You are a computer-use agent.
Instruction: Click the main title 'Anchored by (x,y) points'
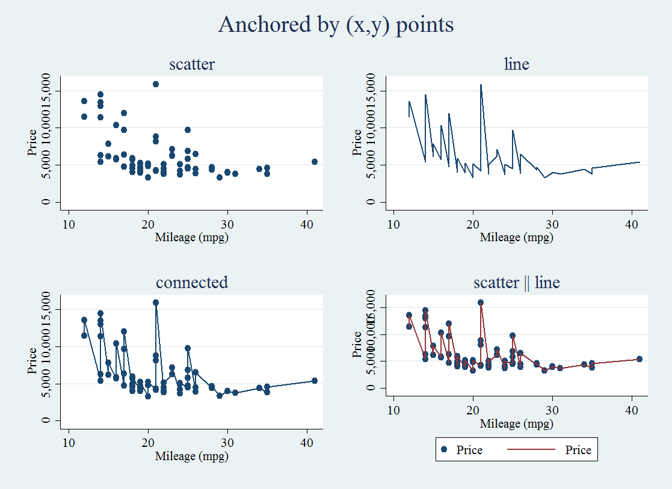tap(336, 25)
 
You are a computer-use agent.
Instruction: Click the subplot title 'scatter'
tap(192, 64)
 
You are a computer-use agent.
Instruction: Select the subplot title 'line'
tap(516, 64)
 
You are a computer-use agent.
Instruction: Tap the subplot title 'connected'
tap(192, 282)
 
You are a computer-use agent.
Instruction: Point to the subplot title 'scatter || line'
tap(516, 282)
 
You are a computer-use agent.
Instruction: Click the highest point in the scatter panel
tap(156, 84)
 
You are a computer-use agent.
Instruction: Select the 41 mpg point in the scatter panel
tap(315, 162)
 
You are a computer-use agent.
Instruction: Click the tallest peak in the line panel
tap(481, 85)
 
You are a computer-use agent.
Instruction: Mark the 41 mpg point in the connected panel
tap(315, 380)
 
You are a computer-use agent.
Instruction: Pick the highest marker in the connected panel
tap(156, 303)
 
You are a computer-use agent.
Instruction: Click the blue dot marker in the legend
tap(444, 450)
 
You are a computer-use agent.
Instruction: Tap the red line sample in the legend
tap(529, 450)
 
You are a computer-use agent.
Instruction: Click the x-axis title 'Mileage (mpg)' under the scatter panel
tap(192, 238)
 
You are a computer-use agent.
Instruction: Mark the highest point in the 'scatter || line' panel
tap(481, 303)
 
